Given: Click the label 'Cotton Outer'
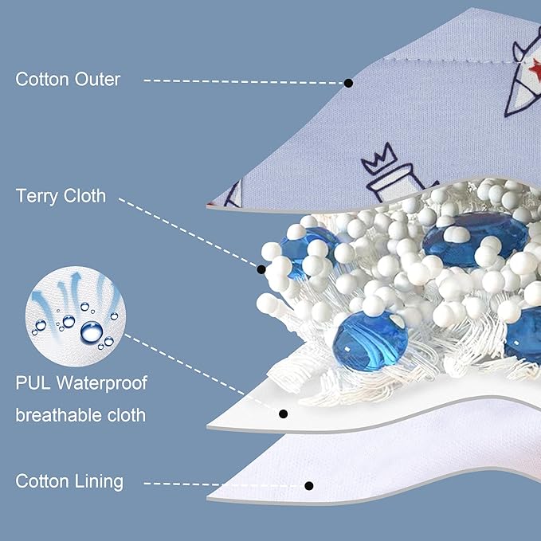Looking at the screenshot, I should (68, 80).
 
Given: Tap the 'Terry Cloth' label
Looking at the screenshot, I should (60, 196).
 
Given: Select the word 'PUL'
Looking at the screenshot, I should (32, 383).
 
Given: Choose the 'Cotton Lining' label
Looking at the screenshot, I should (69, 481).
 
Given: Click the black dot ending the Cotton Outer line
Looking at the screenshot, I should (348, 82).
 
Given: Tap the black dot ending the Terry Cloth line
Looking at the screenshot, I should (261, 269).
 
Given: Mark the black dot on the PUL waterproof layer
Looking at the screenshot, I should (283, 414).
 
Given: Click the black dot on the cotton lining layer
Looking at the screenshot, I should (308, 485).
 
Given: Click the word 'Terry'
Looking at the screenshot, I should (34, 196).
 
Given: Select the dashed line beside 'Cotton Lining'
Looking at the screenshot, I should (223, 484).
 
